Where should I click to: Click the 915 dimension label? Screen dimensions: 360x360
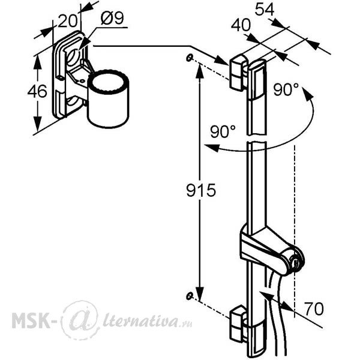click(201, 190)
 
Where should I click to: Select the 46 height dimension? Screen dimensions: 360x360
click(37, 91)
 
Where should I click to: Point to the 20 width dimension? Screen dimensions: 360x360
click(67, 21)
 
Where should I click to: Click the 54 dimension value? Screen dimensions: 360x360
click(265, 10)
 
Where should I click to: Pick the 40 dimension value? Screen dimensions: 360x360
click(241, 25)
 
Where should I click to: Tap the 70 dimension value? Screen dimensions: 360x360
click(314, 309)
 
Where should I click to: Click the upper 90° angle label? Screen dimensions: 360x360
click(286, 89)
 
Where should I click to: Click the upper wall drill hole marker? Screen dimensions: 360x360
click(189, 58)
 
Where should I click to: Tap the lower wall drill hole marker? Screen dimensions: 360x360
click(189, 296)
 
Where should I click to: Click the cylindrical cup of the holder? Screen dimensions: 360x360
click(108, 99)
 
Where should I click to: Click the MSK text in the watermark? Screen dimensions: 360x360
click(31, 321)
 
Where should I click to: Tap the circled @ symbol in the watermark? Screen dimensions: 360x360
click(80, 320)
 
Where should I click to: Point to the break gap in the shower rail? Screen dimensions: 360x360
click(257, 138)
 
